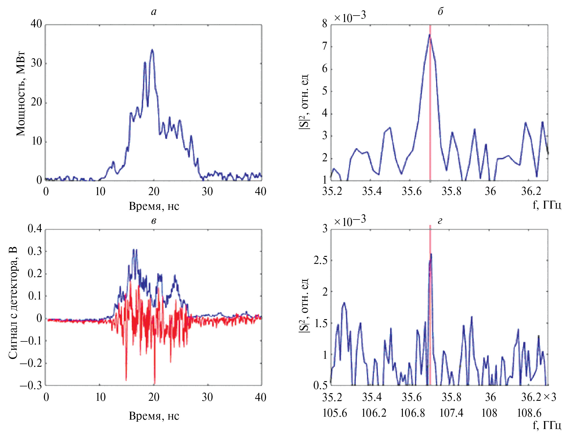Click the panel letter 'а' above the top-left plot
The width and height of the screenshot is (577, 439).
coord(154,12)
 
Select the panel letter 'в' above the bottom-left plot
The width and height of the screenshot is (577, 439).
coord(154,221)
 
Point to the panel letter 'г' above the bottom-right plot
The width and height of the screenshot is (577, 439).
coord(440,221)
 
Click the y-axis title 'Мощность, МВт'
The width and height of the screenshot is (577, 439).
coord(21,94)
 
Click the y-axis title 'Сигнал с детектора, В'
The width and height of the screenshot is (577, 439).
coord(13,303)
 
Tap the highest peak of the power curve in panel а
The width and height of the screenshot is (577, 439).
coord(152,50)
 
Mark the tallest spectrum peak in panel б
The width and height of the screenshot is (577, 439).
coord(429,35)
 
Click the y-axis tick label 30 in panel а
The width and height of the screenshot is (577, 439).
coord(36,63)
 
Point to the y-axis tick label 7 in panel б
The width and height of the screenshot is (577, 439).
coord(324,46)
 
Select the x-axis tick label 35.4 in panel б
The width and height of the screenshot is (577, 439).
coord(372,191)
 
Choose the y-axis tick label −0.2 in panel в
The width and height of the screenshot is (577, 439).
coord(31,363)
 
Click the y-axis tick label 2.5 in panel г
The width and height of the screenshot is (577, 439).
coord(320,260)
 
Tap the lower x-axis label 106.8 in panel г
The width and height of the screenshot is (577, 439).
coord(412,413)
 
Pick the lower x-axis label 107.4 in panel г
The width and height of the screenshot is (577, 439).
coord(451,413)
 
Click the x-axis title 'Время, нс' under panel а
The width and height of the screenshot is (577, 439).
coord(154,206)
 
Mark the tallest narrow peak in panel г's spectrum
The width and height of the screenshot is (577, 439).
coord(431,254)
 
